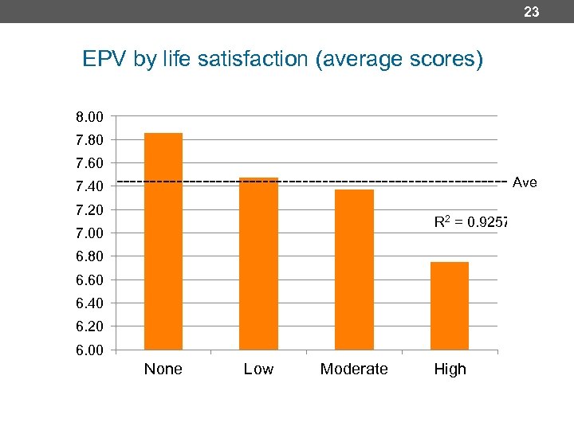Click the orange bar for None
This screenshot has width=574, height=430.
163,241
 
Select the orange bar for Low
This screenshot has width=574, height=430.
258,264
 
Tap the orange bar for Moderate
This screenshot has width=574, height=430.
354,269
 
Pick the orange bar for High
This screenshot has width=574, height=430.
450,306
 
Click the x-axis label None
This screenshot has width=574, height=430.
163,369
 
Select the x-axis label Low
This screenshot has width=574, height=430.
258,369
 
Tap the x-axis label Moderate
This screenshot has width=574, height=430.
354,369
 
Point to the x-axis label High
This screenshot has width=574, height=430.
450,369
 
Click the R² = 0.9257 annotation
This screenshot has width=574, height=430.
471,222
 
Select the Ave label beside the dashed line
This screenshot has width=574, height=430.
525,183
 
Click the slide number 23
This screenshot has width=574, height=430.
532,12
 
